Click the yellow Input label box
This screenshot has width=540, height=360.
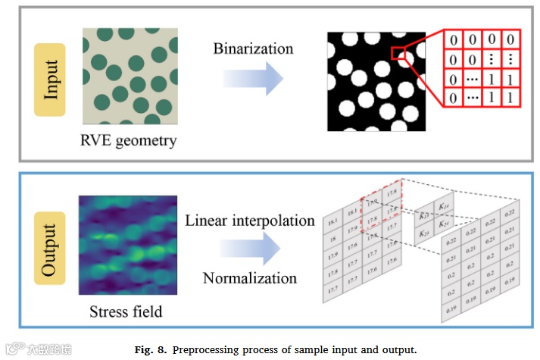coord(51,79)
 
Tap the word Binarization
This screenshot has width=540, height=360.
coord(252,49)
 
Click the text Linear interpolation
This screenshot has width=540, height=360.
coord(249,221)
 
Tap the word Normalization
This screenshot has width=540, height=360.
coord(249,278)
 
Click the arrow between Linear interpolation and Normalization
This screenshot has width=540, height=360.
coord(251,249)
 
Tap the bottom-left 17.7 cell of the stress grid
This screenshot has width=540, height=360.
coord(333,290)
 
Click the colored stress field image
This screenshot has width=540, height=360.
coord(127,245)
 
